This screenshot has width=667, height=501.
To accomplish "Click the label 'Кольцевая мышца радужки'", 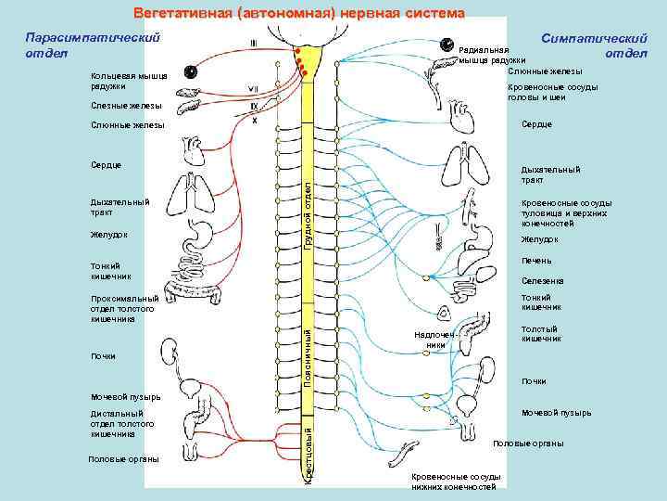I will pyautogui.click(x=121, y=81).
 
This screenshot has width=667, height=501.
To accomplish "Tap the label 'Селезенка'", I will pyautogui.click(x=543, y=280).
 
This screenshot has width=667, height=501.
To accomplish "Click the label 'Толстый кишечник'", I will pyautogui.click(x=542, y=333).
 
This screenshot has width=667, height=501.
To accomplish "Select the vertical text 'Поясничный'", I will pyautogui.click(x=308, y=353).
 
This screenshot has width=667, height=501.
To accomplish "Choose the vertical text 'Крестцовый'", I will pyautogui.click(x=308, y=451).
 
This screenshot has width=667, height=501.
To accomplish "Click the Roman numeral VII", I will pyautogui.click(x=252, y=89).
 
